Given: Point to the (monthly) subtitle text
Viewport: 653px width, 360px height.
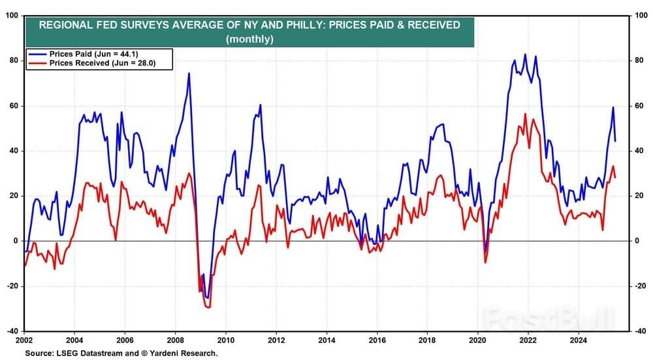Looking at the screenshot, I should coord(249,39).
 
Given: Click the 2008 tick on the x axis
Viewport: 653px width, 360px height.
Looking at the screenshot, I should coord(174,340).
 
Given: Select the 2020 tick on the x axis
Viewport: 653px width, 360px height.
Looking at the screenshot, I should coord(477,340).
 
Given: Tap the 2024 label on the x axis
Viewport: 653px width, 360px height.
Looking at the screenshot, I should coord(578,340).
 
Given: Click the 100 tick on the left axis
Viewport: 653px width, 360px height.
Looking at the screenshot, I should coord(12,15).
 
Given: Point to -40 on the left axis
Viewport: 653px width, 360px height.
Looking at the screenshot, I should coord(12,331).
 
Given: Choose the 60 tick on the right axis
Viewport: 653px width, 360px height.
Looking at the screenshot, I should coord(640,106).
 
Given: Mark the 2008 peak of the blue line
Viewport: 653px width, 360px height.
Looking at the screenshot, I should coord(189,73).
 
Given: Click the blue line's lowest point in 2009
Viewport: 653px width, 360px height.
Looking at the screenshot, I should coord(208,298).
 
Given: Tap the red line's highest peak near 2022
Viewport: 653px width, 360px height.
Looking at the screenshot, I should coord(525,114).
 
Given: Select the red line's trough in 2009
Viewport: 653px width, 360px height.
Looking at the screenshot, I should coord(209,307).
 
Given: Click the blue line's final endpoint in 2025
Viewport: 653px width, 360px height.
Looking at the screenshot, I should coord(615,141).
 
